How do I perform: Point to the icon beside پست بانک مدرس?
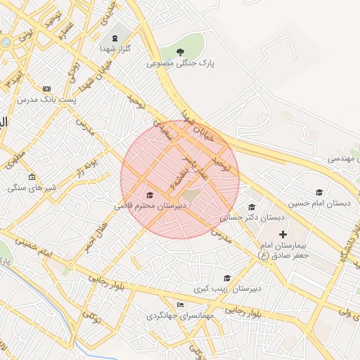pos(47,89)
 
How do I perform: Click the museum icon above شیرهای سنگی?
pos(32,176)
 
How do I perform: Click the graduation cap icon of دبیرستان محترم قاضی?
pos(149,195)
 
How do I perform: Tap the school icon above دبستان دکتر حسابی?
pos(252,207)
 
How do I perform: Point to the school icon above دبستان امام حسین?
pos(319,192)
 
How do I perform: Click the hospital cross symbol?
pos(283,234)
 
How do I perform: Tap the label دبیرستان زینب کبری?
pos(228,288)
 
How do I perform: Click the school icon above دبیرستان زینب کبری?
pos(226,278)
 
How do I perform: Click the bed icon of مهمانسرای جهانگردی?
pos(181,304)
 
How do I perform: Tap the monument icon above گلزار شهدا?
pos(114,37)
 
